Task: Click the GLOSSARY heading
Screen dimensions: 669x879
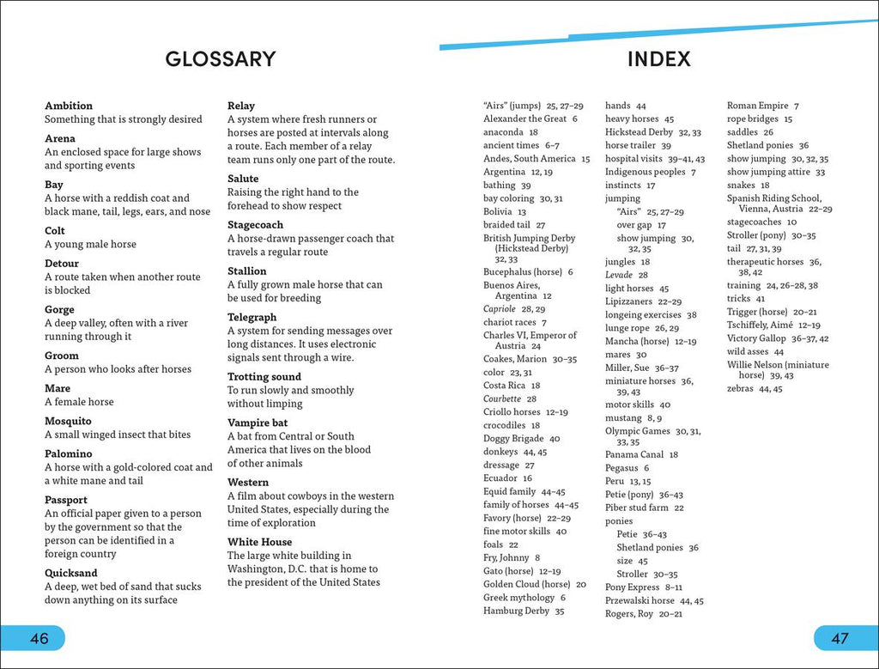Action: click(221, 59)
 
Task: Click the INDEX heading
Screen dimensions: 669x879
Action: click(658, 59)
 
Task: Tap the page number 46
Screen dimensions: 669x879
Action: click(39, 638)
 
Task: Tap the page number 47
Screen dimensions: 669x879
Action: click(840, 638)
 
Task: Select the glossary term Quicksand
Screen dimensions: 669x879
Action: click(71, 573)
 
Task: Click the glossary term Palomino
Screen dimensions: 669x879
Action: click(69, 453)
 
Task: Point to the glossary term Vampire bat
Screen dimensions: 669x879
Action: click(258, 423)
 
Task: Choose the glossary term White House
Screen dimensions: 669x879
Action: click(259, 542)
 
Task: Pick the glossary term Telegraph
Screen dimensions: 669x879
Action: click(252, 317)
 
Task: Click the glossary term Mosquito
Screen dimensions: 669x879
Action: click(68, 421)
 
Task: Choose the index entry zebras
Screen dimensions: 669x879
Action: click(740, 388)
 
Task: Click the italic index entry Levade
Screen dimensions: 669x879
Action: click(619, 275)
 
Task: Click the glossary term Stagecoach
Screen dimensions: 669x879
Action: click(255, 224)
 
